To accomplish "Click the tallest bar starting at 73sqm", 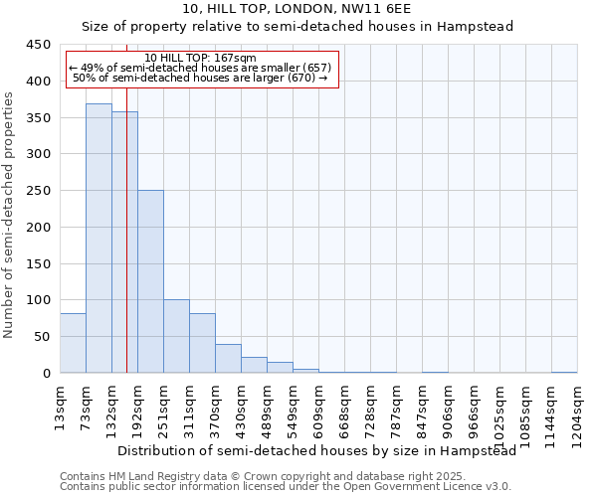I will click(99, 239).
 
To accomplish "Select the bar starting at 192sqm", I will click(150, 281).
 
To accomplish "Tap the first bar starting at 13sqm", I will click(73, 343).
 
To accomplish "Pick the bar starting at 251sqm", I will click(176, 336).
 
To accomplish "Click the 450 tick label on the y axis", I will click(38, 45).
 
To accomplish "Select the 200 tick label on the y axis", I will click(38, 227).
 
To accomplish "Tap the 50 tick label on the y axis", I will click(42, 336).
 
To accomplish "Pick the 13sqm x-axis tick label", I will click(60, 405).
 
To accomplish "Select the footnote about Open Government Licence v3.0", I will click(286, 486).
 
